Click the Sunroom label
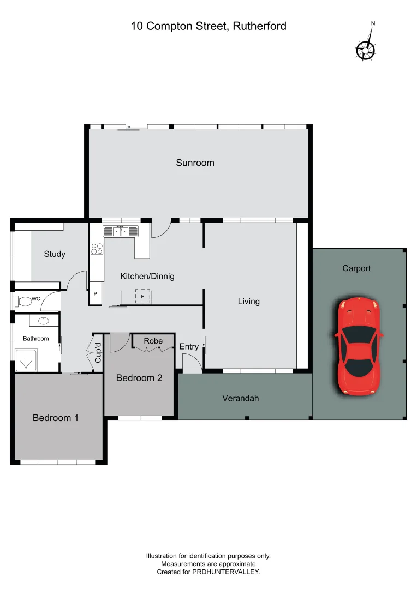195,163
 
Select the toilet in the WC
25,300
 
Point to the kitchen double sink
121,231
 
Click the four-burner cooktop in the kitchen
97,248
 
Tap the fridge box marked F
142,296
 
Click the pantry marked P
96,294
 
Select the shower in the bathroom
25,360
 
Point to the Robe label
153,341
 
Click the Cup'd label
98,352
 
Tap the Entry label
189,347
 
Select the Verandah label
240,398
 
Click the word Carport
356,268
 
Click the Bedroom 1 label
56,418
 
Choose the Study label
55,254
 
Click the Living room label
248,301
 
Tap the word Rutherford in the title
259,26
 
